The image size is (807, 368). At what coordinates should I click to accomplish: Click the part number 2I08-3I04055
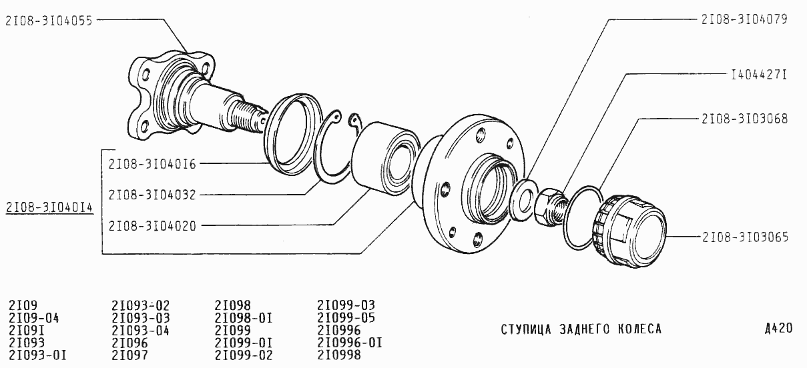click(49, 21)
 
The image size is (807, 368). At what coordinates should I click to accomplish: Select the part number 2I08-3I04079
click(744, 19)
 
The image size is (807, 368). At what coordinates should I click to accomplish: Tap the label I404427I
click(759, 75)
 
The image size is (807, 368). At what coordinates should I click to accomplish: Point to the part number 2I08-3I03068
click(745, 119)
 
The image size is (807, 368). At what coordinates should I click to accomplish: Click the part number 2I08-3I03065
click(746, 237)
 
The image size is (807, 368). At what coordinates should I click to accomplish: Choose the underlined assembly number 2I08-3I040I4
click(49, 207)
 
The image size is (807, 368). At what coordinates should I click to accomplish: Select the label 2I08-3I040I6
click(152, 164)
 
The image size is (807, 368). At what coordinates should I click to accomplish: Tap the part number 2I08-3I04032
click(152, 195)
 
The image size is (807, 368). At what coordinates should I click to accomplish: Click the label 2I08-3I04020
click(152, 226)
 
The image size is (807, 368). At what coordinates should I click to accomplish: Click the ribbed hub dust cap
click(629, 231)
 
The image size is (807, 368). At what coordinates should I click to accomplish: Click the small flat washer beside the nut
click(522, 199)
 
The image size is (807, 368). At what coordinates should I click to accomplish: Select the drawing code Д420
click(778, 329)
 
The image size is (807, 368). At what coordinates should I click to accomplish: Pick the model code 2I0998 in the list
click(338, 355)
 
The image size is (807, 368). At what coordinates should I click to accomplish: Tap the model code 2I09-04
click(33, 318)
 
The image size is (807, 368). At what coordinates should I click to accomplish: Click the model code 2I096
click(129, 343)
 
